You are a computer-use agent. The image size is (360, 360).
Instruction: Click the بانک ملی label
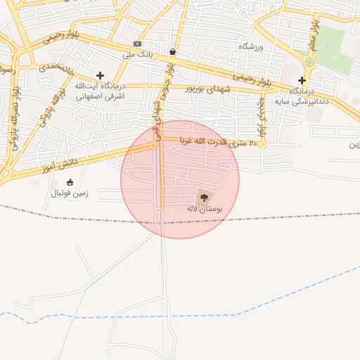137,54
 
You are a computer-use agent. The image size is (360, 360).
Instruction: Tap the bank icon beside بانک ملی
137,44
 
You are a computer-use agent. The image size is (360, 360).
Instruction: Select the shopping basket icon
173,51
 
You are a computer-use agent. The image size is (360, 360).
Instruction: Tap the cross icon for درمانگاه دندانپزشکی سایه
302,80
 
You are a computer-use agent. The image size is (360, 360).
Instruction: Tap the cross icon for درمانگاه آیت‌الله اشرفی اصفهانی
100,75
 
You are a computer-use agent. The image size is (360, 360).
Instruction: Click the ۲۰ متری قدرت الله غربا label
223,143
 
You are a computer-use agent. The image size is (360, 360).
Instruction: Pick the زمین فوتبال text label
69,193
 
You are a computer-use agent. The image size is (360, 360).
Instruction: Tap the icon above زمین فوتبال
70,183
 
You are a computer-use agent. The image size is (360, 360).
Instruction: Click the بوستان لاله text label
205,209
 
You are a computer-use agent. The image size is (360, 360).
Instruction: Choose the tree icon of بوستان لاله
205,198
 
